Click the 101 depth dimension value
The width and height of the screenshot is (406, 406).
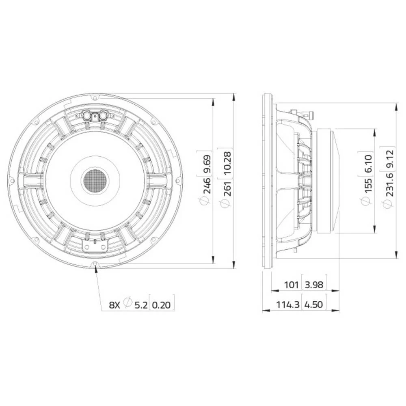coord(292,285)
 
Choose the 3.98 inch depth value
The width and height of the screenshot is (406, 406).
coord(314,285)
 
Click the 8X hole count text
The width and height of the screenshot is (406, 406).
coord(114,304)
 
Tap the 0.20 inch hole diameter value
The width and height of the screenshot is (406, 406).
coord(162,304)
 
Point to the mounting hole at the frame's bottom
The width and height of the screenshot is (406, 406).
coord(95,264)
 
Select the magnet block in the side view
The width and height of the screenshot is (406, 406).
coord(325,181)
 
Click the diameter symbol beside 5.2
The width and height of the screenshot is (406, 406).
coord(128,302)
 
